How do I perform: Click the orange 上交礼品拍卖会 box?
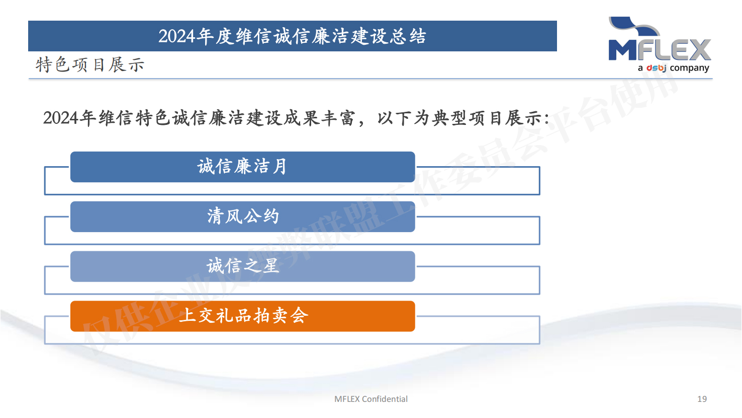[x=242, y=316]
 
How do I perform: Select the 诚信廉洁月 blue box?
[x=242, y=167]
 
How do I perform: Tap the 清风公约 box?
[x=242, y=217]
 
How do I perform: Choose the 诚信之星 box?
[x=242, y=266]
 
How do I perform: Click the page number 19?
[x=702, y=399]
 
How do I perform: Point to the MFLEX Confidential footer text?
[x=370, y=399]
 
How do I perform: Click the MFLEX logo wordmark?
[x=660, y=50]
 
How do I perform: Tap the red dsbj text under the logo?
[x=656, y=68]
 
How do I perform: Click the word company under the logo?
[x=689, y=68]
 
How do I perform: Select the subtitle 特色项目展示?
[x=90, y=64]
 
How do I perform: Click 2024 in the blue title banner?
[x=176, y=36]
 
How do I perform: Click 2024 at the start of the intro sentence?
[x=61, y=118]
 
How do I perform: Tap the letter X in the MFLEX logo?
[x=698, y=50]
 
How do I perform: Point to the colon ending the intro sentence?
[x=546, y=119]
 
